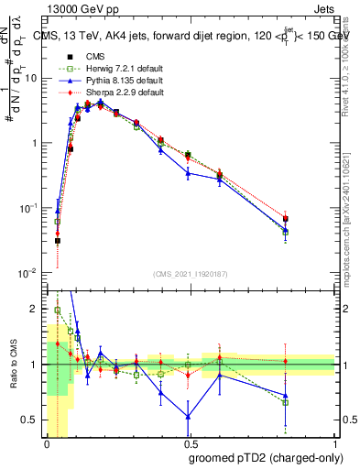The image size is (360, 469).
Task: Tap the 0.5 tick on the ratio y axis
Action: click(x=33, y=420)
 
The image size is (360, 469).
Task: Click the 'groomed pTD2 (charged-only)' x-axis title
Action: click(x=262, y=457)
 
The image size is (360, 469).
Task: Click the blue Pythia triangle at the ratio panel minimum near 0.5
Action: click(x=189, y=416)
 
